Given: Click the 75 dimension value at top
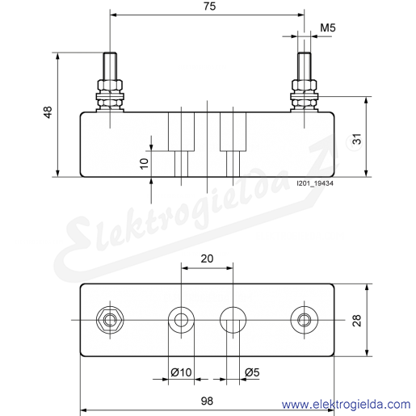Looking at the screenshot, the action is tap(209, 6).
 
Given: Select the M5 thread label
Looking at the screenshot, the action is tap(328, 27).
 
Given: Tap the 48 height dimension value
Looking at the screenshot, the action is tap(48, 112).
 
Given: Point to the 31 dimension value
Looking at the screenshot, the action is tap(357, 139).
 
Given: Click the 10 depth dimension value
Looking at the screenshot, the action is tap(145, 163).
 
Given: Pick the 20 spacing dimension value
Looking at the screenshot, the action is tap(207, 258).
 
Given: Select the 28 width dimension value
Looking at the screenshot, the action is tap(357, 321).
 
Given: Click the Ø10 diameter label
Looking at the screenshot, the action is tap(181, 372).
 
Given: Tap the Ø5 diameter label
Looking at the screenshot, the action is tap(252, 372).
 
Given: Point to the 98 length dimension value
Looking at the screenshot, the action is tap(207, 401).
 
